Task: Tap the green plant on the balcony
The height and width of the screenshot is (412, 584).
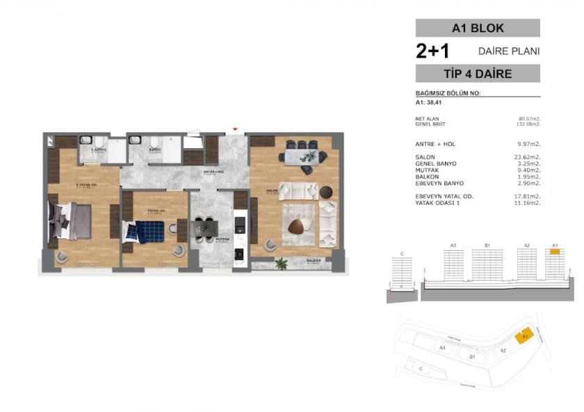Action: (282, 263)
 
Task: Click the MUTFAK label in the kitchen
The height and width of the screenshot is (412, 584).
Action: (222, 238)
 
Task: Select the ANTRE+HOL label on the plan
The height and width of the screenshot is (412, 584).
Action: (213, 172)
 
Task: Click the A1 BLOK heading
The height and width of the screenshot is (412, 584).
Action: (478, 28)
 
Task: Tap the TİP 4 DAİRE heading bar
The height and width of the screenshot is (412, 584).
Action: (478, 74)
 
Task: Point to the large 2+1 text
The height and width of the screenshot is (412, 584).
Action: (432, 51)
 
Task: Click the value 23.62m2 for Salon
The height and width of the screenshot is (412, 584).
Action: (527, 158)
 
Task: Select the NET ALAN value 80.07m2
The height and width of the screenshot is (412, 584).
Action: (530, 119)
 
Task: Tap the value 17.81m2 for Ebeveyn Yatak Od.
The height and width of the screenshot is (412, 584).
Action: (527, 196)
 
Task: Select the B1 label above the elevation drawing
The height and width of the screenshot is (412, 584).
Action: (488, 245)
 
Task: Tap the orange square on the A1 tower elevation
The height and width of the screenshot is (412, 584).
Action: (555, 253)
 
